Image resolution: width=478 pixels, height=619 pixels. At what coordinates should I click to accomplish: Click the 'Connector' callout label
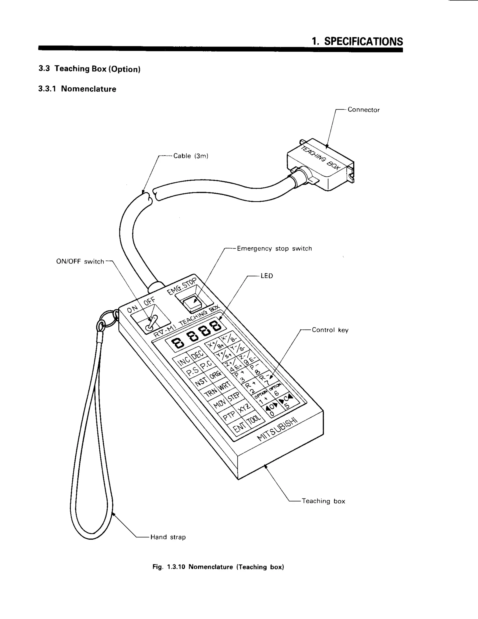[x=363, y=110]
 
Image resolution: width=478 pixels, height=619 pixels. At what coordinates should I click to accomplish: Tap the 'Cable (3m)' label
[x=191, y=156]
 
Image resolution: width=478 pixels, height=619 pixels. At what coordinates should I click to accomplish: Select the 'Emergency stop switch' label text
[x=274, y=249]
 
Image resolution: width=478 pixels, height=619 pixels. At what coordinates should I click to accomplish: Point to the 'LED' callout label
[x=267, y=276]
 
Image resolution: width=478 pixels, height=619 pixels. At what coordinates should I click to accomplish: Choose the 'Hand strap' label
[x=168, y=537]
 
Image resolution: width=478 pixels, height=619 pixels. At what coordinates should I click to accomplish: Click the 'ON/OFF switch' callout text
[x=80, y=262]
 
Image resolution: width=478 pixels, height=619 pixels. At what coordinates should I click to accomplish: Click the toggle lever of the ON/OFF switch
[x=151, y=323]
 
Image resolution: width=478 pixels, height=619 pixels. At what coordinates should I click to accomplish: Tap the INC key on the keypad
[x=183, y=361]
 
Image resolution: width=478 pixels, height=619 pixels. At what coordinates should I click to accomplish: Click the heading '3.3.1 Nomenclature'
[x=77, y=89]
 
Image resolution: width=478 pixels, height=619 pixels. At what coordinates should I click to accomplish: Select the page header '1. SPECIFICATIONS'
[x=357, y=41]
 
